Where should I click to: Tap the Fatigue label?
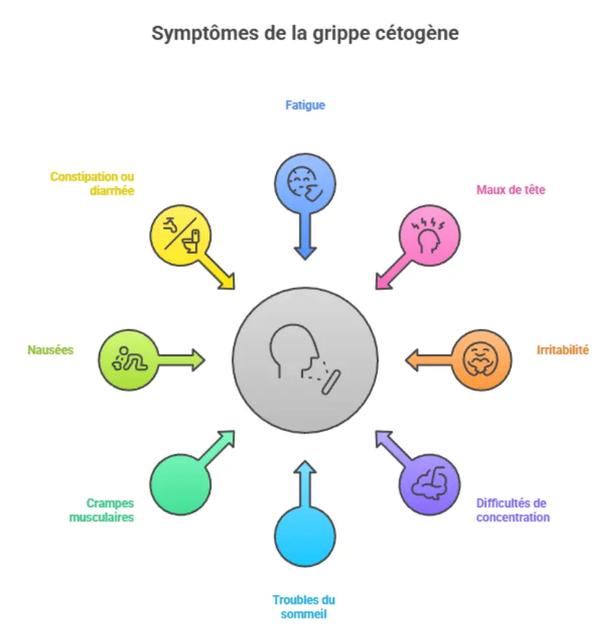[304, 105]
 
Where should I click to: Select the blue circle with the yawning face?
[305, 182]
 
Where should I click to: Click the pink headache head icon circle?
[430, 234]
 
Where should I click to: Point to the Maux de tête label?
[511, 190]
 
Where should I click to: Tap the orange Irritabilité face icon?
[482, 360]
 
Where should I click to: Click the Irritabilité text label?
[562, 350]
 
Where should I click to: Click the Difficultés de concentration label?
[512, 510]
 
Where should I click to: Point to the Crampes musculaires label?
[102, 509]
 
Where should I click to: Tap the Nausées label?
[50, 350]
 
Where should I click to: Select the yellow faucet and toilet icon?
[180, 234]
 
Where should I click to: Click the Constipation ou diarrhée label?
[92, 183]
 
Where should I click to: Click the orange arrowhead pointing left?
[412, 360]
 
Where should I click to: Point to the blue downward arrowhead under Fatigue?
[305, 252]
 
